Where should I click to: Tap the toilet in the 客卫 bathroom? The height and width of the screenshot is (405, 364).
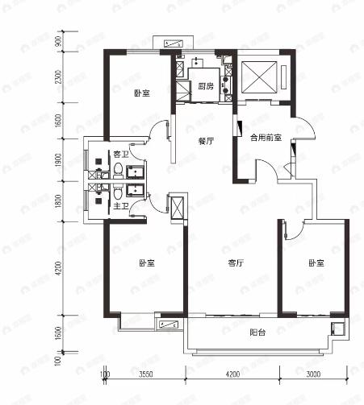coord(118,171)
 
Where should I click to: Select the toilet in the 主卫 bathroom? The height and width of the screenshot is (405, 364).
coord(118,193)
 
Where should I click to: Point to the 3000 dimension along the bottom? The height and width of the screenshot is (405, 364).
coord(315,374)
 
